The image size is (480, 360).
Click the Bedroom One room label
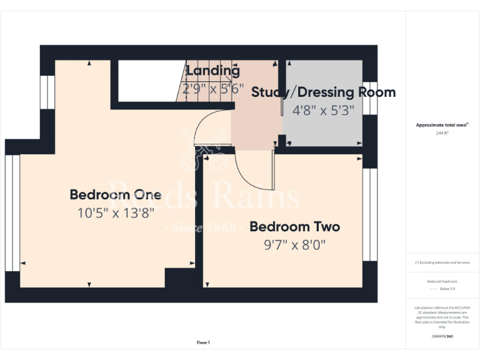tap(116, 194)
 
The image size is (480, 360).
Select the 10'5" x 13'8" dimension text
tap(116, 212)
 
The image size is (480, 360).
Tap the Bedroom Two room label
tap(294, 226)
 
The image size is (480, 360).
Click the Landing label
tap(212, 71)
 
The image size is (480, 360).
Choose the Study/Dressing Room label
tap(323, 92)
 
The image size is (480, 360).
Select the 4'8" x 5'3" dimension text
tap(323, 110)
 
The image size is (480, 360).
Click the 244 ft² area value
tap(442, 133)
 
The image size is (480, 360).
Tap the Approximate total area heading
tap(442, 125)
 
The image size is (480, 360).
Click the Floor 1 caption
tap(203, 342)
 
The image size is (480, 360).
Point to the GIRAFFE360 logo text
tap(442, 336)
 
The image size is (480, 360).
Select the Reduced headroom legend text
tap(442, 281)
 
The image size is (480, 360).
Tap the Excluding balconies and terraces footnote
tap(442, 262)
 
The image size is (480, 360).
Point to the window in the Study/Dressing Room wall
tap(371, 98)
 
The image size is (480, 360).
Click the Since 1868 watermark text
tap(203, 228)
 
